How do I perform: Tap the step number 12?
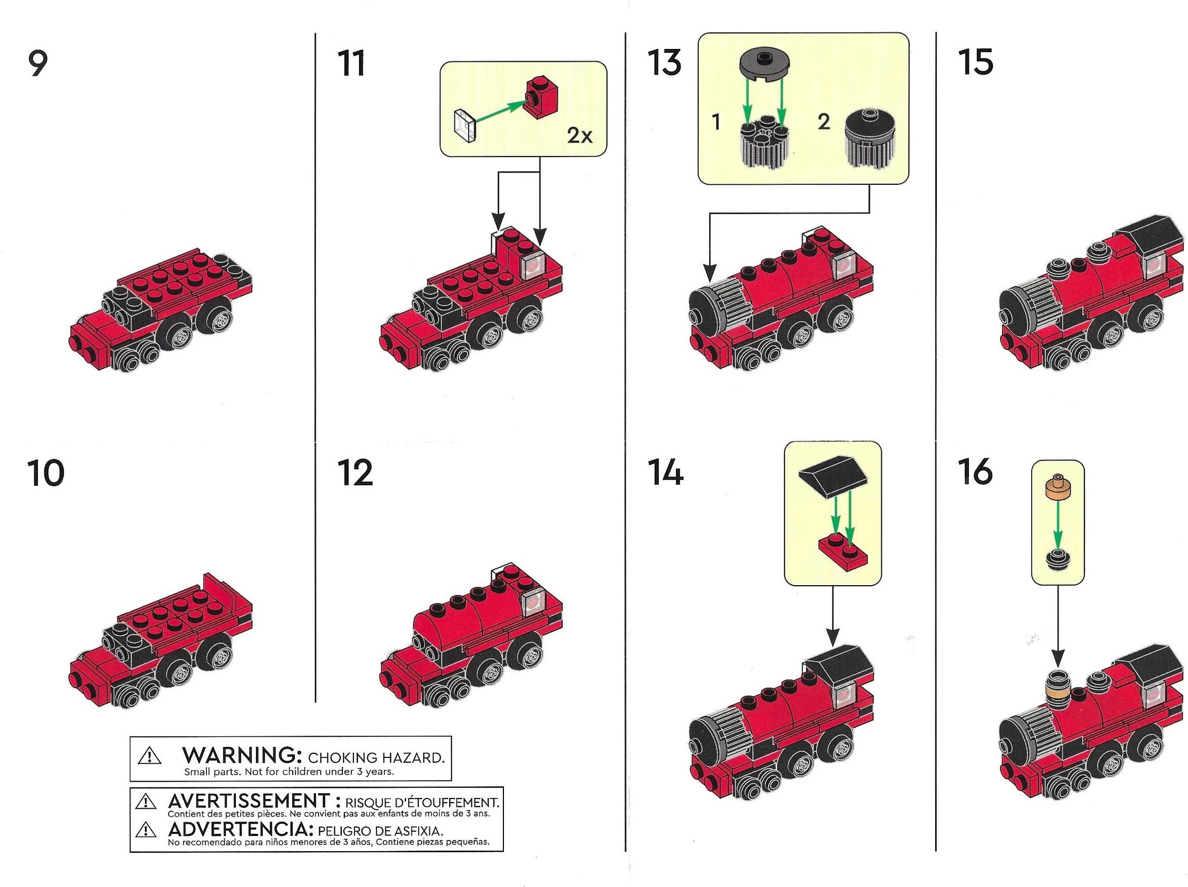point(355,473)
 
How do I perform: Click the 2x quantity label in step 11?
point(580,136)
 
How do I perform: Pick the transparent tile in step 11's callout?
point(465,126)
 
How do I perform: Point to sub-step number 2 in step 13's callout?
point(824,122)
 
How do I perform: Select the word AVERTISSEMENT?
point(247,801)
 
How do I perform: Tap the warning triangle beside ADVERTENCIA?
point(145,831)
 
